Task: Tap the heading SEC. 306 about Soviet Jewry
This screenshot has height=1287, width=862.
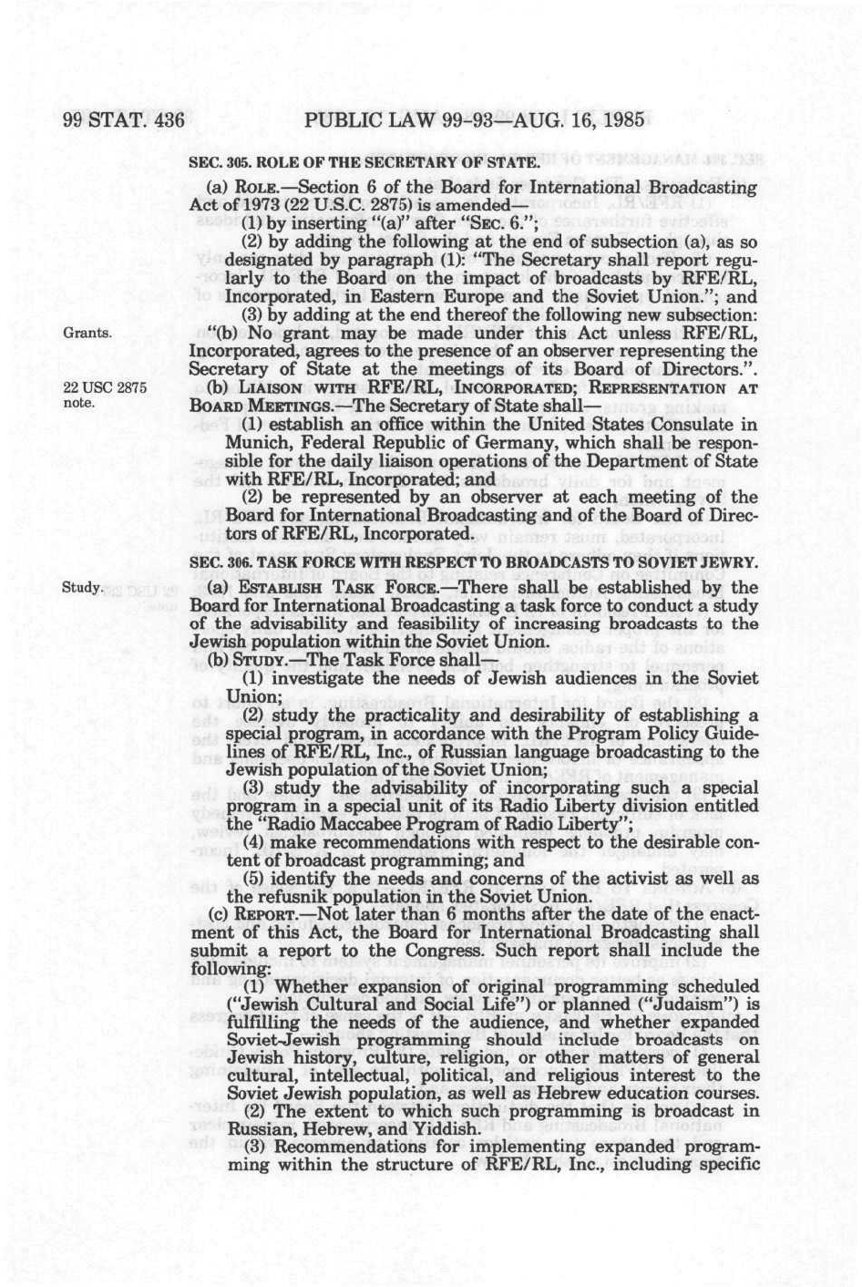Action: (x=473, y=563)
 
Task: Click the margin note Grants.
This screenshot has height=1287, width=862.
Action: (x=87, y=332)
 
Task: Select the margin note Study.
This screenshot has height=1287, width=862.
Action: (x=81, y=586)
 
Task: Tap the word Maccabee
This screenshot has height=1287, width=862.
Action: (x=376, y=823)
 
